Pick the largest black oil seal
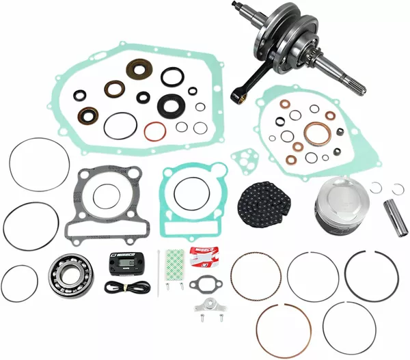(167, 104)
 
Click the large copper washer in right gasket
(316, 134)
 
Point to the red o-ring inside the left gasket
(156, 128)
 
